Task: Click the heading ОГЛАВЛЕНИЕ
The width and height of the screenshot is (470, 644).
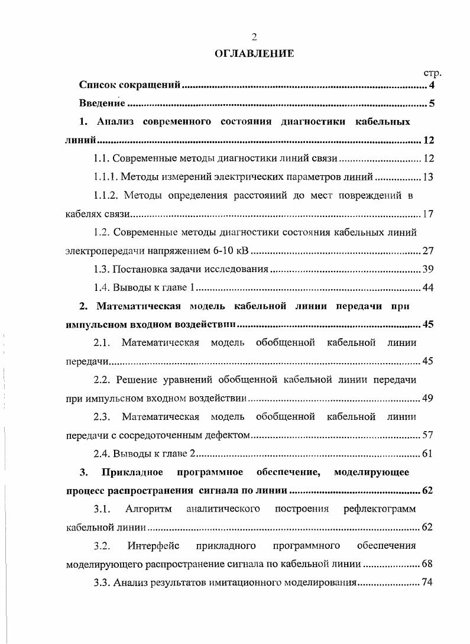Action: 254,54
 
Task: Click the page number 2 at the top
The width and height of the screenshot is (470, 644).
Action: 254,37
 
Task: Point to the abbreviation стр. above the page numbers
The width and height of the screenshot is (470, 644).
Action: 433,73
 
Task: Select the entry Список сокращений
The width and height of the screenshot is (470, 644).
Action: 129,86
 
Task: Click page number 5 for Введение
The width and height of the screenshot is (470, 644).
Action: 432,105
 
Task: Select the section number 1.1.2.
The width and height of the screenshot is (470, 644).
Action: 107,195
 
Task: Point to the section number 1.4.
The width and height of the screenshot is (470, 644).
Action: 102,288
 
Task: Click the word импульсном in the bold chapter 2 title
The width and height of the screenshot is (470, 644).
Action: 91,325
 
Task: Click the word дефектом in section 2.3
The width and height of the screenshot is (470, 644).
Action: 227,436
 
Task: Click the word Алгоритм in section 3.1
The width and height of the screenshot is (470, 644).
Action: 150,509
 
